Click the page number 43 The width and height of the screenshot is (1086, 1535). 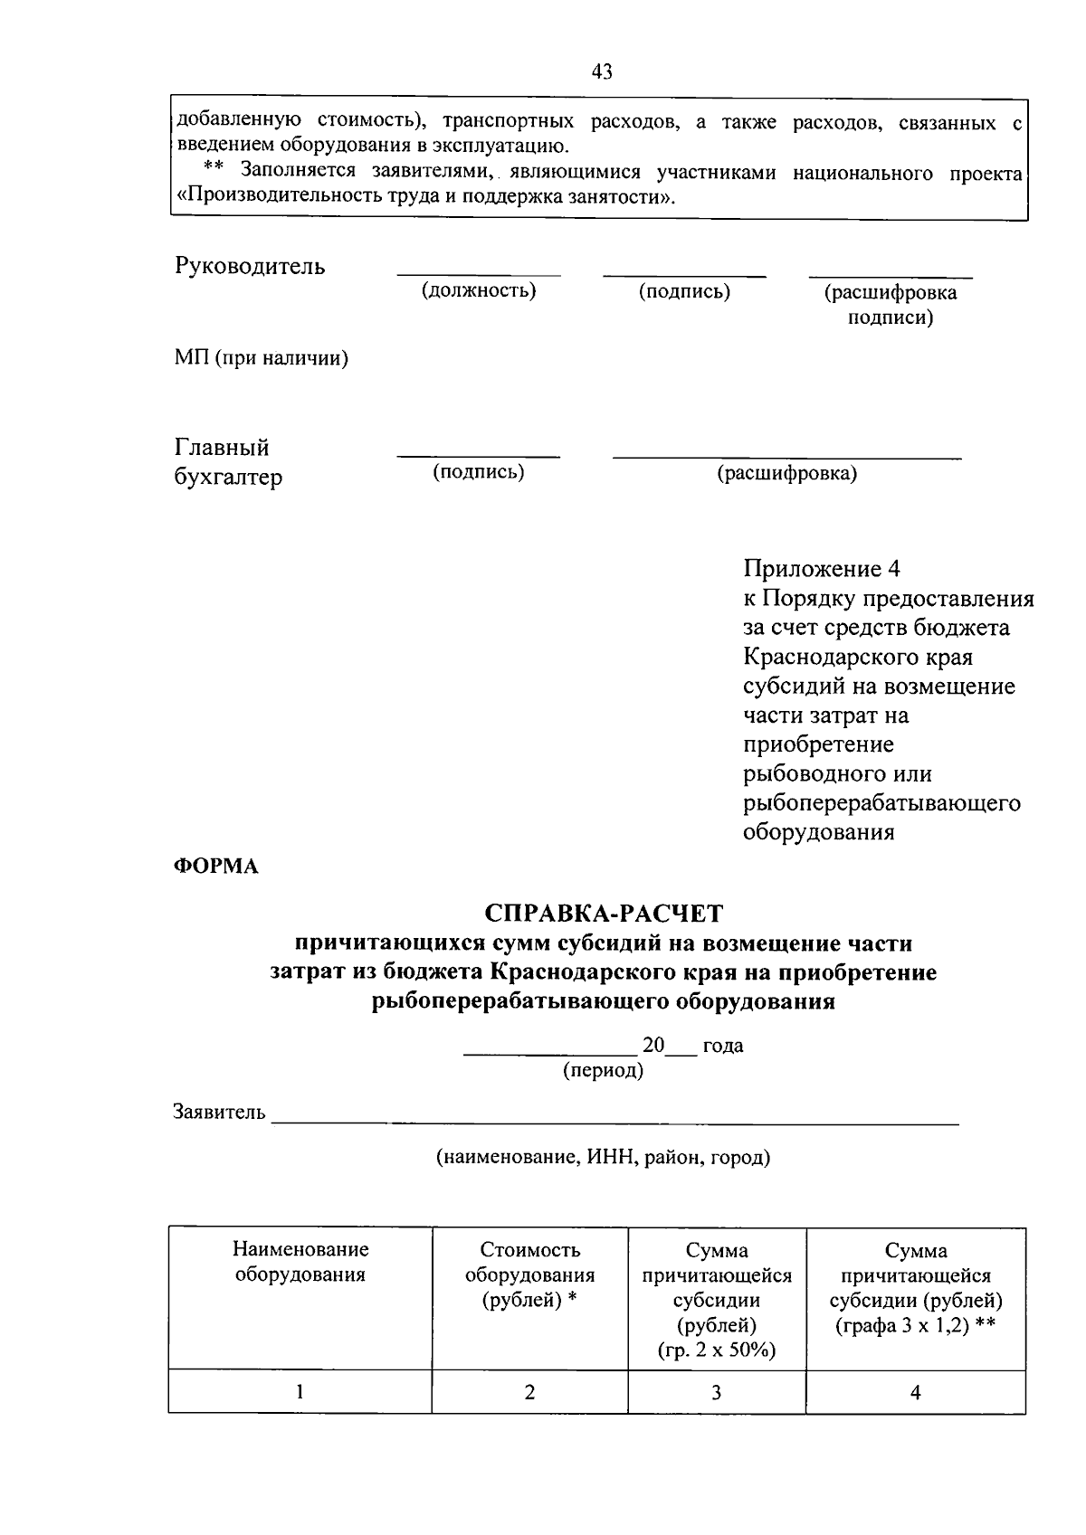point(602,71)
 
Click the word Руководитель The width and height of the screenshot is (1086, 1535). point(250,266)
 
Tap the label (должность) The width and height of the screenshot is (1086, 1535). point(478,290)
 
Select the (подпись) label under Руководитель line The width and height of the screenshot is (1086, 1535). point(684,291)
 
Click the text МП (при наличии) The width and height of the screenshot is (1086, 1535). point(262,358)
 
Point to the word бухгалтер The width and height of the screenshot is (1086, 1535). point(228,477)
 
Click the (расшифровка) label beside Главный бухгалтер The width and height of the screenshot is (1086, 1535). point(787,473)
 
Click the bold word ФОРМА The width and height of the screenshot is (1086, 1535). point(216,867)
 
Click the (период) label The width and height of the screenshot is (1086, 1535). point(603,1071)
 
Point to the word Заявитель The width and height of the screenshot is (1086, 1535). point(220,1112)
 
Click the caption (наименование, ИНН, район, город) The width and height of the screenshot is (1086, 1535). point(603,1157)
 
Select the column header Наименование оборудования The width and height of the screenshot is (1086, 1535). point(300,1263)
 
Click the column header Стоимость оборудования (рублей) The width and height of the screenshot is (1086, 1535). point(529,1275)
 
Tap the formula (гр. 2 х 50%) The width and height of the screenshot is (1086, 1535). point(716,1350)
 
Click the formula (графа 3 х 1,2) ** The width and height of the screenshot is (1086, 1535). point(915,1326)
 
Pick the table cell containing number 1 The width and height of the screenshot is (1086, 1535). point(300,1392)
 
